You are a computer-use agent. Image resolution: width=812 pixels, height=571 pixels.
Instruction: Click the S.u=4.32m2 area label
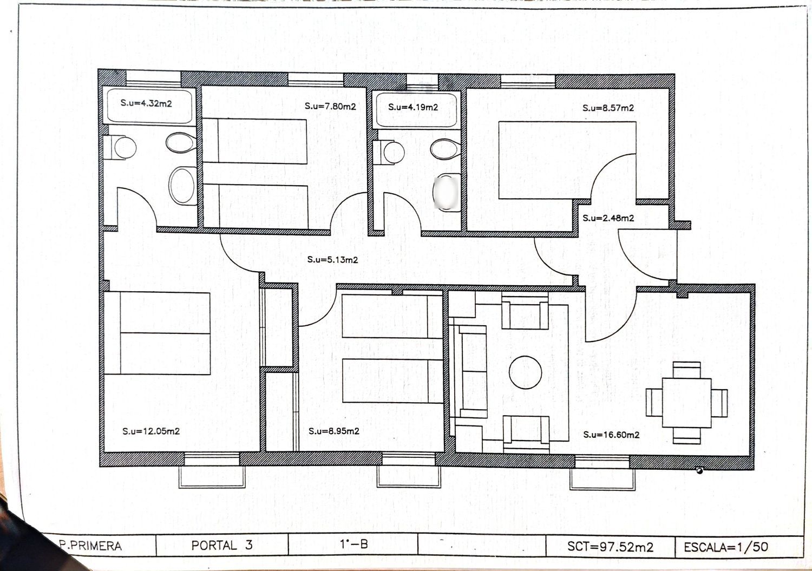tap(146, 103)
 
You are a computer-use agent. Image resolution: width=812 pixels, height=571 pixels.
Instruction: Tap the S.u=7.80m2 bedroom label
tap(330, 106)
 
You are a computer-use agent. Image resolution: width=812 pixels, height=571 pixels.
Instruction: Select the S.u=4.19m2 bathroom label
tap(413, 107)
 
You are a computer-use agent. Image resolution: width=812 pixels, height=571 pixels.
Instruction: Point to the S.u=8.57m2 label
tap(608, 108)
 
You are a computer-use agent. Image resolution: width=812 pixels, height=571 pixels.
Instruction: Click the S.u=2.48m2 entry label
tap(608, 218)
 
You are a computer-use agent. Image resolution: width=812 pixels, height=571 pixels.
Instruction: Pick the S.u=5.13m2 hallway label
tap(332, 260)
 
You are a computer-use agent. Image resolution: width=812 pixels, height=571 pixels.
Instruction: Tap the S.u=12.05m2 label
tap(151, 431)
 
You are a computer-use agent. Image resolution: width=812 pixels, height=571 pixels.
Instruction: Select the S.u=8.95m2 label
tap(334, 431)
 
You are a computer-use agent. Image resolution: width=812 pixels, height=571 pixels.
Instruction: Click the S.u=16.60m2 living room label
tap(611, 435)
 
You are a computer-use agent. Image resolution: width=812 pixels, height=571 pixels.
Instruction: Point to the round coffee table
tap(525, 372)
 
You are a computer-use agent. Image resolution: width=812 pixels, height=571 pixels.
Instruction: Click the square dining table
tap(686, 403)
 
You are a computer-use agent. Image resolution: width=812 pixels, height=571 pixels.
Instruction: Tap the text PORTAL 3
tap(222, 545)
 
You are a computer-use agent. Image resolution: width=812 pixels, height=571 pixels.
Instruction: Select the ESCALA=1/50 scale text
tap(726, 547)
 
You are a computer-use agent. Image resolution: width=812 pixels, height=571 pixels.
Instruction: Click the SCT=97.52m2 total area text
tap(611, 546)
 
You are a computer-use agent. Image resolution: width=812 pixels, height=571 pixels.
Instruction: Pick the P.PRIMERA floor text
tap(90, 546)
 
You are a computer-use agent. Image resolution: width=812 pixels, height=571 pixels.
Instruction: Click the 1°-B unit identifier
tap(354, 544)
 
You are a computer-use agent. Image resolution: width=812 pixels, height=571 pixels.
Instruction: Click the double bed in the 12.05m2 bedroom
tap(157, 333)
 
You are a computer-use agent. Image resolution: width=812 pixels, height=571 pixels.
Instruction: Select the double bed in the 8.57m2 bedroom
tap(567, 160)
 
